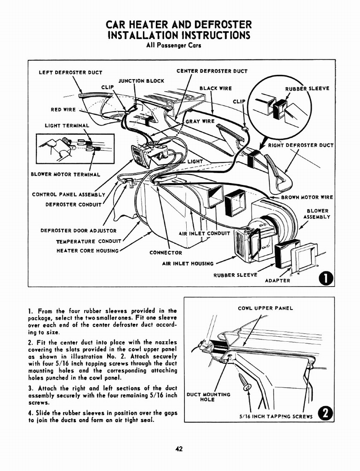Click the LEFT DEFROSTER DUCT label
pyautogui.click(x=70, y=72)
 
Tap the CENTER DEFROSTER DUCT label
pyautogui.click(x=212, y=71)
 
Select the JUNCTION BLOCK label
pyautogui.click(x=141, y=81)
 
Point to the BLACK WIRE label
pyautogui.click(x=216, y=88)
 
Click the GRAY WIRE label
pyautogui.click(x=200, y=121)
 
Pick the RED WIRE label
pyautogui.click(x=63, y=110)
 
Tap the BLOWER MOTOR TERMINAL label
pyautogui.click(x=65, y=174)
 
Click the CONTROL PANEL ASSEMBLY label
pyautogui.click(x=69, y=194)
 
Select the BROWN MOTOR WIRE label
pyautogui.click(x=307, y=197)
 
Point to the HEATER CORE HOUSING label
pyautogui.click(x=87, y=251)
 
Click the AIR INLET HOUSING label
pyautogui.click(x=188, y=264)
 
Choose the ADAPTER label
pyautogui.click(x=278, y=281)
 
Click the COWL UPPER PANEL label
pyautogui.click(x=265, y=308)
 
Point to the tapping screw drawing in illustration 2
pyautogui.click(x=243, y=382)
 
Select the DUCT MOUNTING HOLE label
pyautogui.click(x=208, y=397)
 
